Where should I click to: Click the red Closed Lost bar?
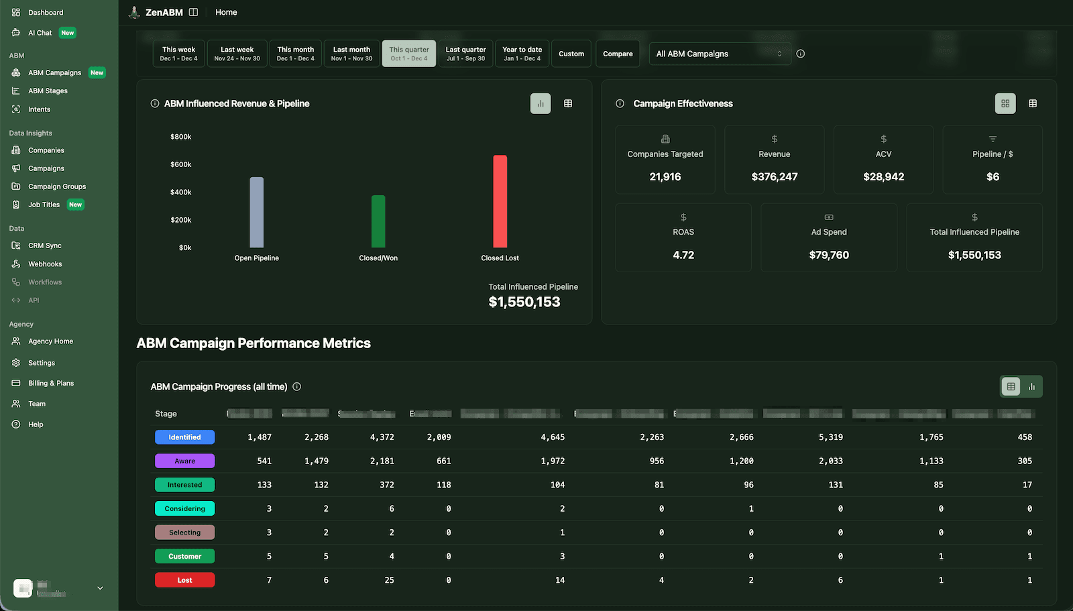[x=500, y=201]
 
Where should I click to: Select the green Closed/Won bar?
[x=378, y=221]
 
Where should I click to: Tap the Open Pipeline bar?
[x=256, y=212]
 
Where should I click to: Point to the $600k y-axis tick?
[x=180, y=164]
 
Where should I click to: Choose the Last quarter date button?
[x=465, y=54]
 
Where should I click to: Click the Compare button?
[x=618, y=54]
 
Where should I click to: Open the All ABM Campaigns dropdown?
[x=719, y=54]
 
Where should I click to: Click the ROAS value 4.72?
[x=683, y=255]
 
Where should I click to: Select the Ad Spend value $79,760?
[x=829, y=255]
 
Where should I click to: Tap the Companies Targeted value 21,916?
[x=665, y=177]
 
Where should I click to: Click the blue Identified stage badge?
[x=184, y=437]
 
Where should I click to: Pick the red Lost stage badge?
[x=184, y=580]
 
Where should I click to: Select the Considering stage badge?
[x=184, y=508]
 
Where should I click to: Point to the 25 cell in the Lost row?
[x=389, y=580]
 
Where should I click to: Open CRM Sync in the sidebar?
[x=45, y=245]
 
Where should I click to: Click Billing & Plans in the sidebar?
[x=51, y=383]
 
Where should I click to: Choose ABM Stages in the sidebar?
[x=48, y=91]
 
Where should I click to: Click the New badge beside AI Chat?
[x=67, y=33]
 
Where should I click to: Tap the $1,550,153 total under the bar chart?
[x=524, y=302]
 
